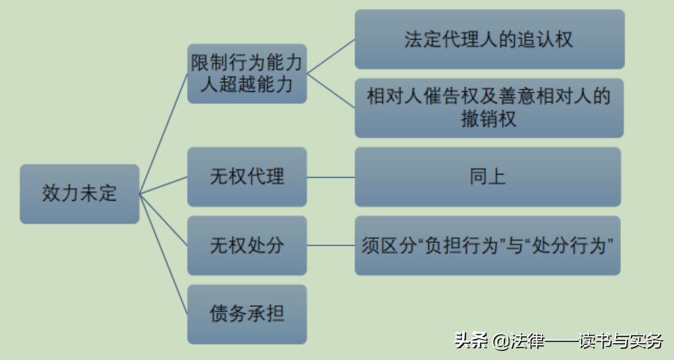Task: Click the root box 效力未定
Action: click(80, 193)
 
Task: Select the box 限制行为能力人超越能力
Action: click(247, 73)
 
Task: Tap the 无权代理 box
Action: click(247, 177)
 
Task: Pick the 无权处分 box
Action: click(247, 246)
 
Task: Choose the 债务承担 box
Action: click(247, 314)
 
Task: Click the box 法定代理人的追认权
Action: click(489, 39)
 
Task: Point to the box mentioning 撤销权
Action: click(489, 107)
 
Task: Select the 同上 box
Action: click(488, 177)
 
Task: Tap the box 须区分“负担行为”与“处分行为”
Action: click(488, 246)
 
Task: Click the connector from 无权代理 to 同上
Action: click(331, 177)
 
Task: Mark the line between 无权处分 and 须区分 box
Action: click(331, 246)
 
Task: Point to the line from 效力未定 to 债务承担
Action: click(164, 254)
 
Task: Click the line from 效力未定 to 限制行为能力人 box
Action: click(164, 133)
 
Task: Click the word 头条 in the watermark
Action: click(472, 341)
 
